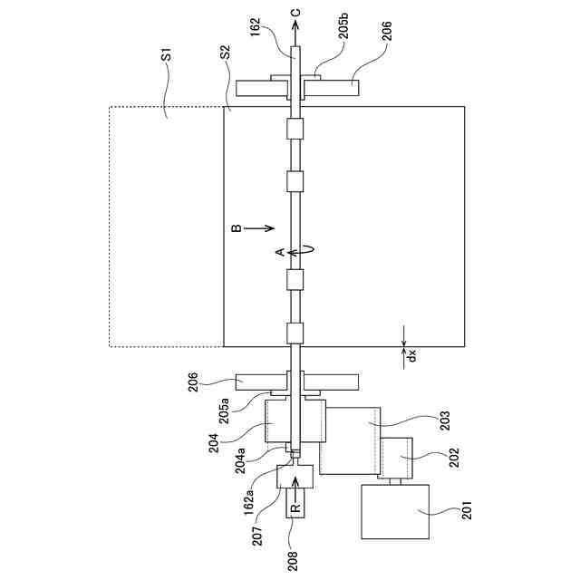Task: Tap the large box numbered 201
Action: click(394, 511)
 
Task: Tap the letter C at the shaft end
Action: click(295, 11)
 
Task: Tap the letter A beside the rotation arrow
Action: click(281, 250)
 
